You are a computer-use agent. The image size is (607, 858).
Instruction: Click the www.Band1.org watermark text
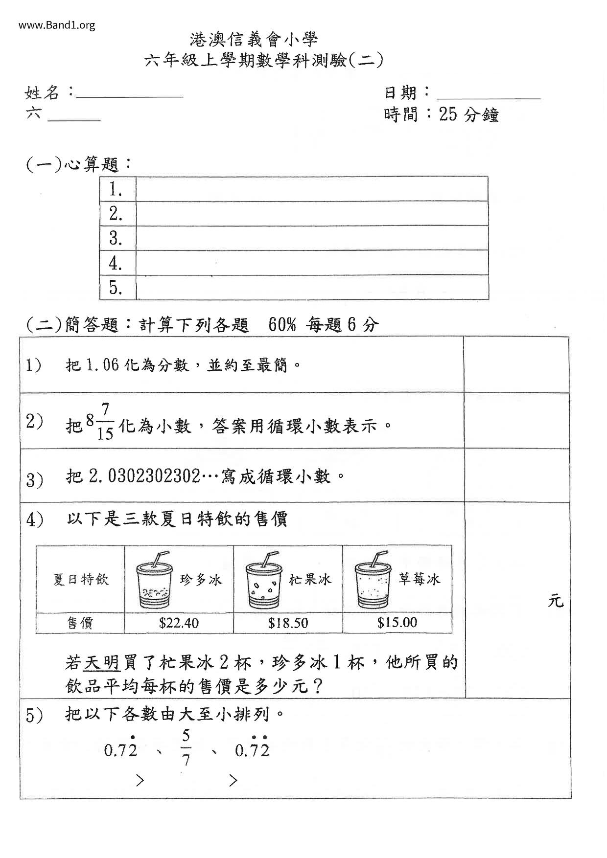tap(57, 25)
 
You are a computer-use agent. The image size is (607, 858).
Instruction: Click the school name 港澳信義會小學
tap(254, 39)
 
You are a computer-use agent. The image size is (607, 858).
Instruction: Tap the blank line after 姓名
tap(130, 94)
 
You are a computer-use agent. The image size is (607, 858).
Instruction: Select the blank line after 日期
tap(489, 95)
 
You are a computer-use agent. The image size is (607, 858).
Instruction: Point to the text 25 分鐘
tap(468, 115)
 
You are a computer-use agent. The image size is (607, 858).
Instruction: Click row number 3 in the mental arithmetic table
tap(116, 238)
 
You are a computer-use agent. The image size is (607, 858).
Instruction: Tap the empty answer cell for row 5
tap(312, 287)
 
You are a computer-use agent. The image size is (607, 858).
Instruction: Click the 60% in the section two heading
tap(282, 324)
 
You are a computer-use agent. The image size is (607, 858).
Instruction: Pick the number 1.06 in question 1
tap(102, 365)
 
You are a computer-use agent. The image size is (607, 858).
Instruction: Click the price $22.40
tap(179, 623)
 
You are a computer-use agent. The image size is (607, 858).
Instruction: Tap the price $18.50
tap(288, 623)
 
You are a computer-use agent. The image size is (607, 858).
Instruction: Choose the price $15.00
tap(397, 622)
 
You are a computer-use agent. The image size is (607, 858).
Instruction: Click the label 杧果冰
tap(310, 580)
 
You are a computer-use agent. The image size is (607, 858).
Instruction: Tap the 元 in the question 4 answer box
tap(556, 600)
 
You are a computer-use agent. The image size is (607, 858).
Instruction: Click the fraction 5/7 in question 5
tap(186, 748)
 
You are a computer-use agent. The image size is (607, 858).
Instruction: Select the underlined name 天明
tap(102, 663)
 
